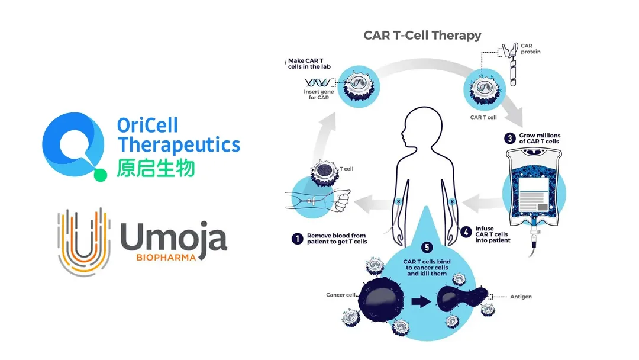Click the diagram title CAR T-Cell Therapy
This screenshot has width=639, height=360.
[x=422, y=35]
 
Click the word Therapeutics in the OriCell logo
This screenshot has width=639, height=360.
[x=179, y=145]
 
